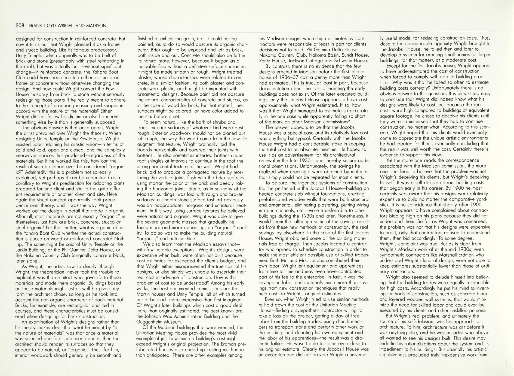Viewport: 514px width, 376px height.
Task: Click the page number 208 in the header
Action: click(x=20, y=26)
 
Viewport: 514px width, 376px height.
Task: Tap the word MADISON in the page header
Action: click(x=96, y=26)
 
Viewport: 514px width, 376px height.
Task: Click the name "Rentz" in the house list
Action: click(x=266, y=61)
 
